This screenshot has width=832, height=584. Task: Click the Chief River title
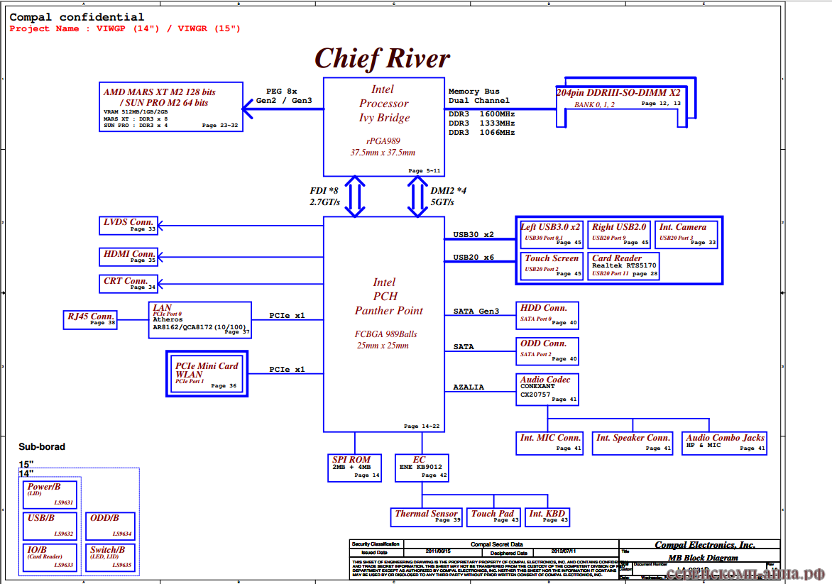[x=382, y=58]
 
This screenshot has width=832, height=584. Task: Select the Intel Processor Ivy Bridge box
[x=383, y=126]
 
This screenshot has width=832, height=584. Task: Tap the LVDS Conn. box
[x=128, y=226]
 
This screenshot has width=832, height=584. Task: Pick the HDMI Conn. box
[x=129, y=256]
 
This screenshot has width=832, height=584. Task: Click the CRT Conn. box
[x=129, y=284]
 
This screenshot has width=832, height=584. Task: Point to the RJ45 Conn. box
[x=90, y=319]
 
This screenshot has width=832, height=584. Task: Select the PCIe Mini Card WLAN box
[x=207, y=374]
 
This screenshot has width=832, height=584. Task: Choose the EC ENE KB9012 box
[x=422, y=468]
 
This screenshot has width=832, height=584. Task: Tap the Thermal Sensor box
[x=426, y=517]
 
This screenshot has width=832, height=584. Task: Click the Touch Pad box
[x=493, y=517]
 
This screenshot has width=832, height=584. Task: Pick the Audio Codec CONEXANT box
[x=547, y=390]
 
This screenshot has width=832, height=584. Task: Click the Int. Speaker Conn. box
[x=633, y=443]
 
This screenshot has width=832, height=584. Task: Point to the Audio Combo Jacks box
[x=725, y=443]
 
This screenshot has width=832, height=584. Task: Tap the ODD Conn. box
[x=547, y=351]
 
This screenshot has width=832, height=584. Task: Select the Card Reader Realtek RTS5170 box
[x=623, y=266]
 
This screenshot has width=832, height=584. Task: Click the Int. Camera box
[x=685, y=234]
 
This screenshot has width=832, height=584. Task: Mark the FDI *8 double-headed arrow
[x=355, y=197]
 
